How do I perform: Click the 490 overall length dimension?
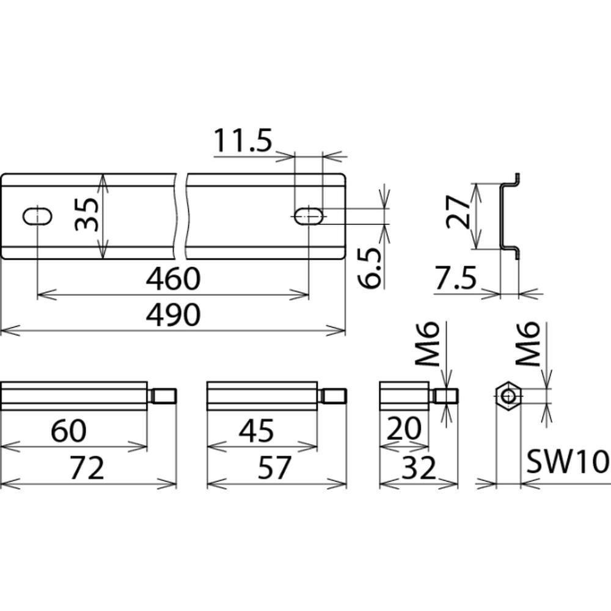coord(174,315)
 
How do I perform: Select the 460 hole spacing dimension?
coord(174,279)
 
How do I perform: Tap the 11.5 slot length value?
coord(243,141)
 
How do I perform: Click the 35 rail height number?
coord(87,214)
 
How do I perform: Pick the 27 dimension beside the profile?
coord(458,212)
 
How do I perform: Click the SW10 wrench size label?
coord(568,462)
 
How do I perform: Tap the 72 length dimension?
coord(87,468)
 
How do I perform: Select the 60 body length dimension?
coord(69,431)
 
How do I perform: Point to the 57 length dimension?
coord(274,468)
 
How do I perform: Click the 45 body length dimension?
coord(257,431)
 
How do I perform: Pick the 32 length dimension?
coord(419,468)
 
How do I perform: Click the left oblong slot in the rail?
coord(37,217)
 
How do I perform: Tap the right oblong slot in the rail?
coord(309,216)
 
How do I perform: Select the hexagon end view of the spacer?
coord(508,397)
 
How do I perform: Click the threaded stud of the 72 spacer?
coord(163,397)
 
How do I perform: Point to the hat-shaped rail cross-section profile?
coord(510,216)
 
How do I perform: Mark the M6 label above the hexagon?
coord(528,343)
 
